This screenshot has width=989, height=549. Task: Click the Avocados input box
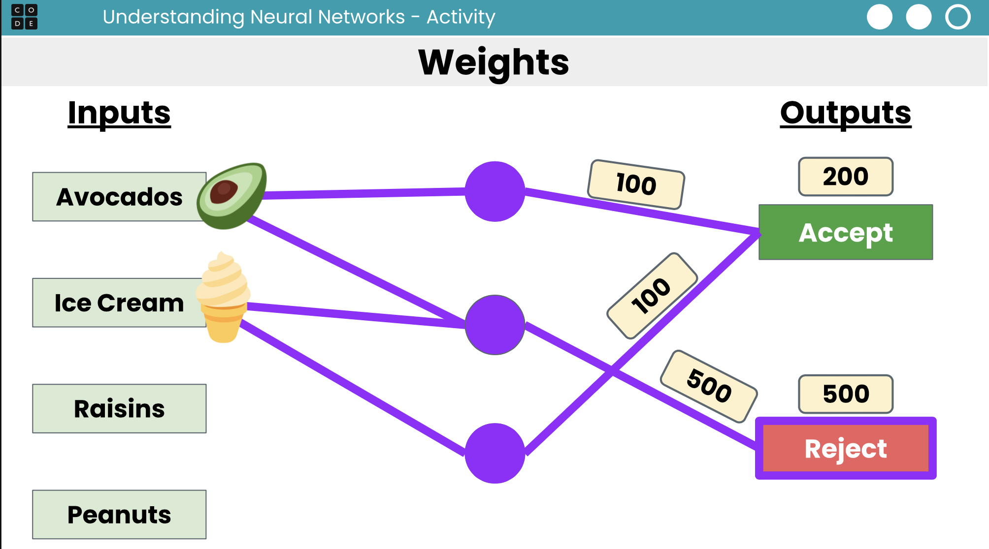point(119,197)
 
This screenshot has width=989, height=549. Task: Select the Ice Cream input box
point(119,303)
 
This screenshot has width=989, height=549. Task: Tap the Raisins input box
point(119,408)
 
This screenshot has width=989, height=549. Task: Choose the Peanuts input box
point(119,515)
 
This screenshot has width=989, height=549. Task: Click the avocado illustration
point(231,195)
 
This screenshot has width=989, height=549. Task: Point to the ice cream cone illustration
point(223,298)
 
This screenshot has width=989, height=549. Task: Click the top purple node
point(494,191)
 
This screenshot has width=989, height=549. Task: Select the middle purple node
point(494,325)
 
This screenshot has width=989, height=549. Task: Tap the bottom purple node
point(494,453)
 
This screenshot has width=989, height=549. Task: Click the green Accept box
point(845,232)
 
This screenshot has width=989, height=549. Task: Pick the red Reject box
point(845,448)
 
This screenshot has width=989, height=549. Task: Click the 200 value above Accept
point(845,177)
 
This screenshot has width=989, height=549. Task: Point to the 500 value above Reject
point(845,394)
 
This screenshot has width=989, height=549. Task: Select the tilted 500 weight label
point(708,386)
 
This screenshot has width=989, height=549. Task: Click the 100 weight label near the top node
point(636,184)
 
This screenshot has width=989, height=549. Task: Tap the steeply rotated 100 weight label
point(652,296)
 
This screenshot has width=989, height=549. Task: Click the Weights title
point(494,62)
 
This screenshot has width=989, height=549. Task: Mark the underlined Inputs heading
point(119,113)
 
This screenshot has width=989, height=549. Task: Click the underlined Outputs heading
point(845,113)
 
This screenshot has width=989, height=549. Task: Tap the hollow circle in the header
point(957,17)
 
